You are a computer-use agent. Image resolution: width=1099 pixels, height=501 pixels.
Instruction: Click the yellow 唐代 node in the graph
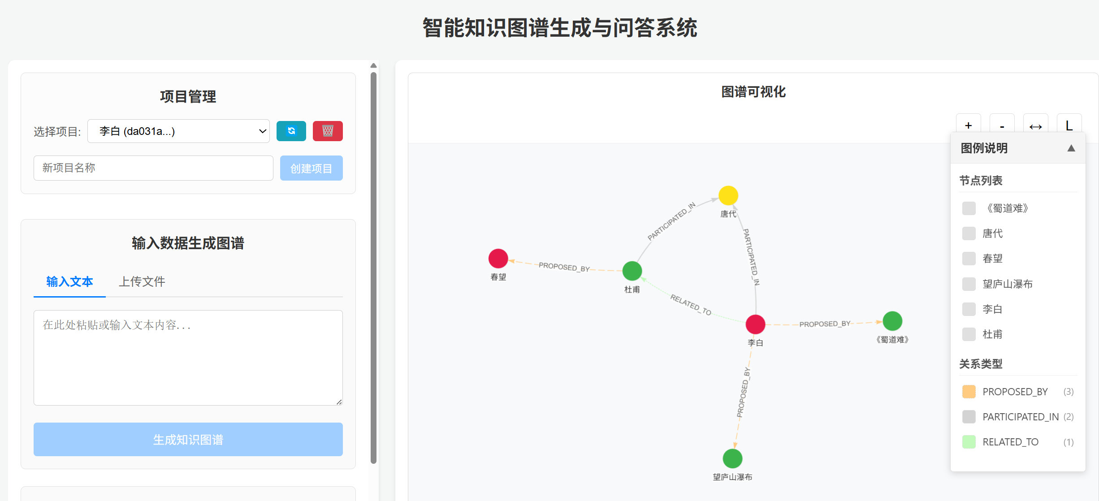tap(728, 195)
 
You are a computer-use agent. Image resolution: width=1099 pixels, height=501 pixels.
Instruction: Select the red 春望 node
tap(498, 258)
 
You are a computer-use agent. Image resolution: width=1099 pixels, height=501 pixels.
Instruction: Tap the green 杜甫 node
tap(632, 271)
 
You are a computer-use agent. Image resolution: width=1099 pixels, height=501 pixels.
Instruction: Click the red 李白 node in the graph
tap(755, 324)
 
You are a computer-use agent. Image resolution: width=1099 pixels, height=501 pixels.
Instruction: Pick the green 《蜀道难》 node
tap(892, 321)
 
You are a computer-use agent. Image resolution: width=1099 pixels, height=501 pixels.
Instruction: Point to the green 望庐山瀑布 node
tap(732, 458)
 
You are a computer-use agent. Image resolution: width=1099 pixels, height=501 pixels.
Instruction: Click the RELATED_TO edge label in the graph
tap(690, 305)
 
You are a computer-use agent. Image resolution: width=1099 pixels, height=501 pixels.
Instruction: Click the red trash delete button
tap(328, 131)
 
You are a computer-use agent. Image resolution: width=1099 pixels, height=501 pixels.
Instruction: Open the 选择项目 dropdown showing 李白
tap(178, 131)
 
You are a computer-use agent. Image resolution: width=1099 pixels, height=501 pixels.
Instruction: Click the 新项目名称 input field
tap(153, 168)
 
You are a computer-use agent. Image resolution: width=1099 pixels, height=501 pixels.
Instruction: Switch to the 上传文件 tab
tap(142, 281)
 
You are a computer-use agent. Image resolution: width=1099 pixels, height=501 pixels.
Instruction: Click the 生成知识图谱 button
tap(188, 439)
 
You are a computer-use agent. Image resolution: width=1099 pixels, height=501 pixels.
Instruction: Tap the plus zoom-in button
tap(968, 125)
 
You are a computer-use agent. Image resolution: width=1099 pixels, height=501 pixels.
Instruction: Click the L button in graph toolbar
tap(1069, 125)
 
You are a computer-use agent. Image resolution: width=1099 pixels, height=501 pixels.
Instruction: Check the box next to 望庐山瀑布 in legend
tap(969, 284)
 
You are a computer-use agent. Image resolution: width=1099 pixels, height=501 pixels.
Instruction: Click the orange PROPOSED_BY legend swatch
tap(969, 392)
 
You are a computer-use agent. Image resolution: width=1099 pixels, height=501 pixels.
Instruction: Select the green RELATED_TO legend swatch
tap(969, 442)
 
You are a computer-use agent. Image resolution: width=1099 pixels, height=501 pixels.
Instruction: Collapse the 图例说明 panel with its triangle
tap(1071, 148)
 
